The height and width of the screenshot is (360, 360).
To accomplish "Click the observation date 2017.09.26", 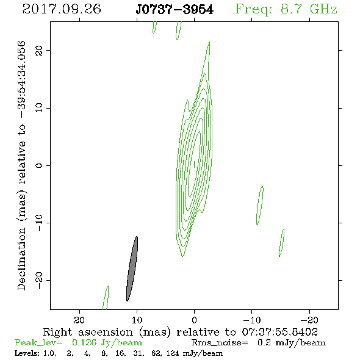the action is coord(62,9).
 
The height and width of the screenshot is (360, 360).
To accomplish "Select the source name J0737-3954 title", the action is coord(175,10).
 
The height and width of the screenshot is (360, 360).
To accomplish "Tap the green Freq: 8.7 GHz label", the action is coord(286,10).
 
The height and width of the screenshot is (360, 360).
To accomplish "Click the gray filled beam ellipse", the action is coord(132,268).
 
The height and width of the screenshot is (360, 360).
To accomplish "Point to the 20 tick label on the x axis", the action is coord(79,320).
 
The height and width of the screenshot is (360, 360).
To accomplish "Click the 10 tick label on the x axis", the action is coord(137,320).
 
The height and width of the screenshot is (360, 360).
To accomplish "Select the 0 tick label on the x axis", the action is coord(194,320).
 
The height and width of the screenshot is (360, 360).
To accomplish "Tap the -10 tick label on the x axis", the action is coord(252,320).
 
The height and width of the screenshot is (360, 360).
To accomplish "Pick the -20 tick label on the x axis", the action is coord(309,320).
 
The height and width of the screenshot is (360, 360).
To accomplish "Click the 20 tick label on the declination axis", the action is coord(39,51).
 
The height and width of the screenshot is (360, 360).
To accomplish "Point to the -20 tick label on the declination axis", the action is coord(39,281).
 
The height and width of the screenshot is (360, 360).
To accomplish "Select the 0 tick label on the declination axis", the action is coord(39,165).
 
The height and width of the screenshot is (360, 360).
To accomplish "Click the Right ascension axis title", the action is coord(181,332).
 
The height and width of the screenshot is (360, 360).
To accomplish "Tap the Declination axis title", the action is coord(21,166).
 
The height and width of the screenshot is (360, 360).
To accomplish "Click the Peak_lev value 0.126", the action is coord(84,343).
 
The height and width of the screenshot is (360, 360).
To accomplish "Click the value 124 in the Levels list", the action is coord(173,353).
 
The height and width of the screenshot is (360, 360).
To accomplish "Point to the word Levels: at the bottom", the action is coord(27,353).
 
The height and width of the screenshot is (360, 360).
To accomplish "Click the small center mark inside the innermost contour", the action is coord(195,164).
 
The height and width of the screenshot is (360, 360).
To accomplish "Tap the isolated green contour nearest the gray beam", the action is coord(106,298).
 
